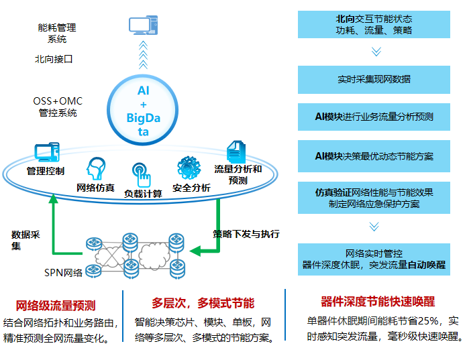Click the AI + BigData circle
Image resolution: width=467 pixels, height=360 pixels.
click(x=143, y=110)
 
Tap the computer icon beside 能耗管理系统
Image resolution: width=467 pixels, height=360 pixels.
click(x=144, y=25)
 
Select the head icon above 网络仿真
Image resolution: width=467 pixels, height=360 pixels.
click(x=96, y=169)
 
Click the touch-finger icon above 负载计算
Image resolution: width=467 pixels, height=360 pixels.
click(x=142, y=175)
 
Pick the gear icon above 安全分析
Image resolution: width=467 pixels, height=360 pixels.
click(x=189, y=168)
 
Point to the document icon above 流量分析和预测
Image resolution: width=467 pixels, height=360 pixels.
click(x=236, y=152)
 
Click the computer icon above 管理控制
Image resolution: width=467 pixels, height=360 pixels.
click(x=47, y=152)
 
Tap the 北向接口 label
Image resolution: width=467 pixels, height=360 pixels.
click(x=54, y=59)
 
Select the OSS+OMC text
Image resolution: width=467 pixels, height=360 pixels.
click(x=58, y=101)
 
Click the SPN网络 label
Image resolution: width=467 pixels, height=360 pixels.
click(x=63, y=273)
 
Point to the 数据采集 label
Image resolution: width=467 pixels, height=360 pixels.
click(x=25, y=241)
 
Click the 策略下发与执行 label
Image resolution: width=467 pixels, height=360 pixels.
click(x=246, y=234)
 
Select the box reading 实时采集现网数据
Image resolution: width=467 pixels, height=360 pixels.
click(x=374, y=80)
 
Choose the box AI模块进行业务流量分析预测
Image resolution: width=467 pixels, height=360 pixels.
click(x=374, y=117)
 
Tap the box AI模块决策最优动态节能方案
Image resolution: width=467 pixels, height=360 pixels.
click(x=374, y=156)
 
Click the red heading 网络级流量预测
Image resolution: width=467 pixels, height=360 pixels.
click(x=56, y=306)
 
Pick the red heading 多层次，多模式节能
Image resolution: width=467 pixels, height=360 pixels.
click(x=203, y=303)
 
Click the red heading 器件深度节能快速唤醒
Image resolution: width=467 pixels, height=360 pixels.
click(x=378, y=302)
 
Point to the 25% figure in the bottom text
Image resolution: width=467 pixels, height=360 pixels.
click(x=428, y=320)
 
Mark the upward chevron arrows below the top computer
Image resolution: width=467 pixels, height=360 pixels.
click(x=144, y=55)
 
